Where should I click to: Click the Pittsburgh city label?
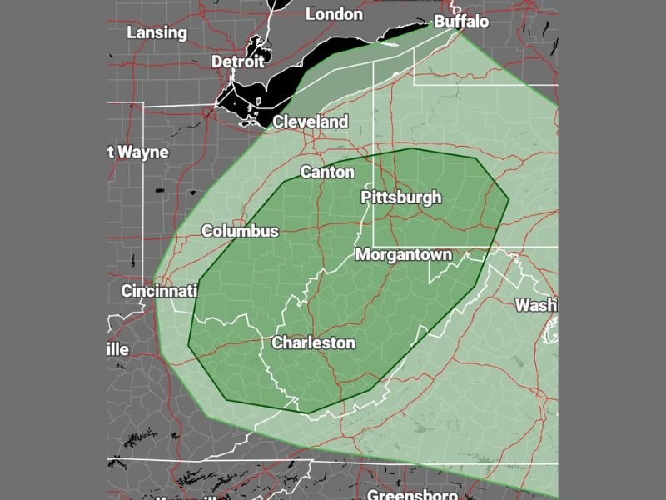[x=400, y=197]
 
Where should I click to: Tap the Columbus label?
[x=240, y=231]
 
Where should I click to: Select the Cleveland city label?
[x=311, y=122]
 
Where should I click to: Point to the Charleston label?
[x=314, y=342]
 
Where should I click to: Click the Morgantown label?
[x=404, y=255]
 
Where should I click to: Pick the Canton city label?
[x=327, y=172]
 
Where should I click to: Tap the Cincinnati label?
[x=159, y=291]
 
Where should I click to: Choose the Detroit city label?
[x=237, y=62]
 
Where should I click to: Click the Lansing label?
[x=157, y=32]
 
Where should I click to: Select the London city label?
[x=335, y=14]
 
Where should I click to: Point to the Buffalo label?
[x=461, y=21]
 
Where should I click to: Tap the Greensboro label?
[x=413, y=495]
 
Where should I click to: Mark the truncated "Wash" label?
[x=535, y=305]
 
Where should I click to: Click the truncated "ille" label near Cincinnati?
[x=118, y=349]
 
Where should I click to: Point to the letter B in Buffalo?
[x=439, y=21]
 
